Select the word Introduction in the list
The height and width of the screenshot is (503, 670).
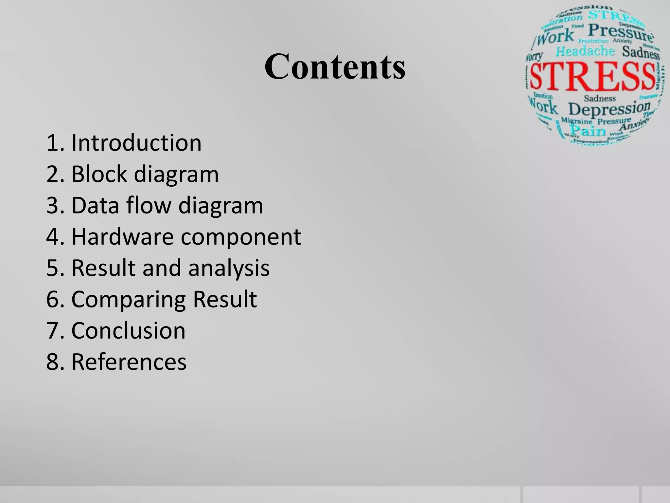[136, 143]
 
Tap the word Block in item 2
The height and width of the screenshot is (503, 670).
[99, 174]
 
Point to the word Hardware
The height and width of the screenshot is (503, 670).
[122, 236]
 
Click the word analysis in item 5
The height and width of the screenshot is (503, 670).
[229, 268]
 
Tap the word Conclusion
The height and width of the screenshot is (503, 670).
[128, 330]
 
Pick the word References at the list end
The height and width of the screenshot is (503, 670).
[129, 362]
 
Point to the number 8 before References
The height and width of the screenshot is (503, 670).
[52, 362]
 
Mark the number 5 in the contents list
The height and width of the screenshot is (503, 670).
[52, 268]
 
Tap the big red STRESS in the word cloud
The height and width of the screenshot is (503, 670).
[592, 77]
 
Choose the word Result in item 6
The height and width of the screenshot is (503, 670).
[225, 299]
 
